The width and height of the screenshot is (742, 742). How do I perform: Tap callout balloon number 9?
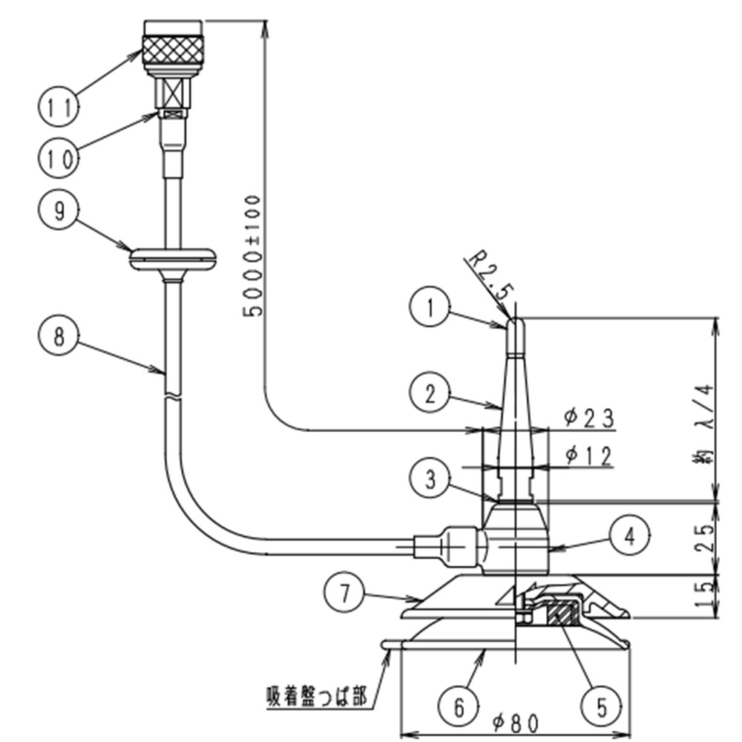[58, 211]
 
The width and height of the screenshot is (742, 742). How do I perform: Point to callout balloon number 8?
[58, 337]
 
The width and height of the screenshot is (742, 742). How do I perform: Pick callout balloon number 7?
[344, 593]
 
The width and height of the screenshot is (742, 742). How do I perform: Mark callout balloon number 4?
[628, 535]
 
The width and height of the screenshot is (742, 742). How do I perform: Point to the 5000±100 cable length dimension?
[253, 256]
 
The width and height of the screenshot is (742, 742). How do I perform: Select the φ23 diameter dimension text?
[588, 418]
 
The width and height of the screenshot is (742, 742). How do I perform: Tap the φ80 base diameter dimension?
[513, 721]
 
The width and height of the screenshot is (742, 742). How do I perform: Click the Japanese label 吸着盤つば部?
[316, 697]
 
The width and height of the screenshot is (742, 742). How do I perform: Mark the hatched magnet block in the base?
[564, 614]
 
